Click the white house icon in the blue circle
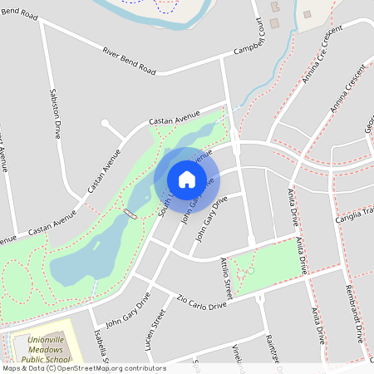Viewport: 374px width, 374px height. click(186, 179)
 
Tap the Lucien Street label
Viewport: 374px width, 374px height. click(155, 328)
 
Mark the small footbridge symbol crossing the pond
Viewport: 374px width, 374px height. click(130, 214)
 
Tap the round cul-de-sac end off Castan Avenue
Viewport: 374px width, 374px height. click(106, 124)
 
